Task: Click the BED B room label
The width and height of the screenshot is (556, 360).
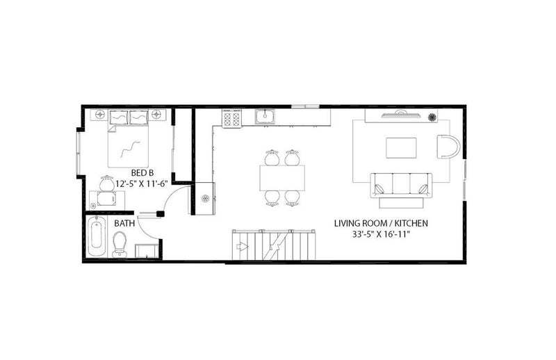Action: [142, 173]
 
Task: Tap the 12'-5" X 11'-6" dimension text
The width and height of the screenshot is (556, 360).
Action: [142, 184]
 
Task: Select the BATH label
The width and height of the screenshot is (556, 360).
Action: [124, 224]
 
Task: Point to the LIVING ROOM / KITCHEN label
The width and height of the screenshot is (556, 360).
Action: [381, 223]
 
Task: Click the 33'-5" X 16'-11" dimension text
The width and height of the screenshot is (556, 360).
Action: [381, 234]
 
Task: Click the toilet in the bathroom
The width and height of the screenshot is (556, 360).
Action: [119, 245]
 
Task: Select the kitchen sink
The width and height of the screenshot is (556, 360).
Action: [264, 117]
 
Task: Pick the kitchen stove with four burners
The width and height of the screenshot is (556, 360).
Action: [231, 117]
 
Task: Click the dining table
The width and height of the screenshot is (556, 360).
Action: [282, 178]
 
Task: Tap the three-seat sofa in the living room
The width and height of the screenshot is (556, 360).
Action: [402, 186]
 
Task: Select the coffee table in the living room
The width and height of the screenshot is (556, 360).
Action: [401, 148]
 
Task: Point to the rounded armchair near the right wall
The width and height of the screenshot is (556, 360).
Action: [448, 146]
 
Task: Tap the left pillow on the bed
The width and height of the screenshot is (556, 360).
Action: [118, 117]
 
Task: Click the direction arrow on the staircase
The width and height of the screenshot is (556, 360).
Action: [242, 246]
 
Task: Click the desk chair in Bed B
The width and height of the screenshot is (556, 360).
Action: [106, 184]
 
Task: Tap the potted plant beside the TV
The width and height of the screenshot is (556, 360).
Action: [432, 117]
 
